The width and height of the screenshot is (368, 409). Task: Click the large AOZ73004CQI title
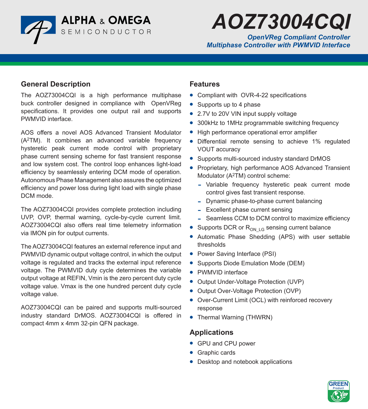pyautogui.click(x=281, y=22)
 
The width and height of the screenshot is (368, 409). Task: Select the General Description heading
pyautogui.click(x=56, y=84)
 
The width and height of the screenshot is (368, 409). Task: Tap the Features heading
pyautogui.click(x=205, y=84)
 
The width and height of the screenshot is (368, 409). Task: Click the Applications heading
pyautogui.click(x=211, y=332)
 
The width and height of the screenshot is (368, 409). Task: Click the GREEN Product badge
pyautogui.click(x=338, y=391)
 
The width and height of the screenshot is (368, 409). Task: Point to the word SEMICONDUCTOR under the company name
pyautogui.click(x=106, y=32)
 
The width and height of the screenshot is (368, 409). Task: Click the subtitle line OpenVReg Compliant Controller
pyautogui.click(x=299, y=37)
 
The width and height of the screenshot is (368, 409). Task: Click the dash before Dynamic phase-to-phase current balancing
pyautogui.click(x=200, y=201)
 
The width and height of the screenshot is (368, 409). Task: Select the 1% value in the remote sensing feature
pyautogui.click(x=316, y=142)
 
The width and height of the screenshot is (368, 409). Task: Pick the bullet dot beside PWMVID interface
pyautogui.click(x=191, y=272)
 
